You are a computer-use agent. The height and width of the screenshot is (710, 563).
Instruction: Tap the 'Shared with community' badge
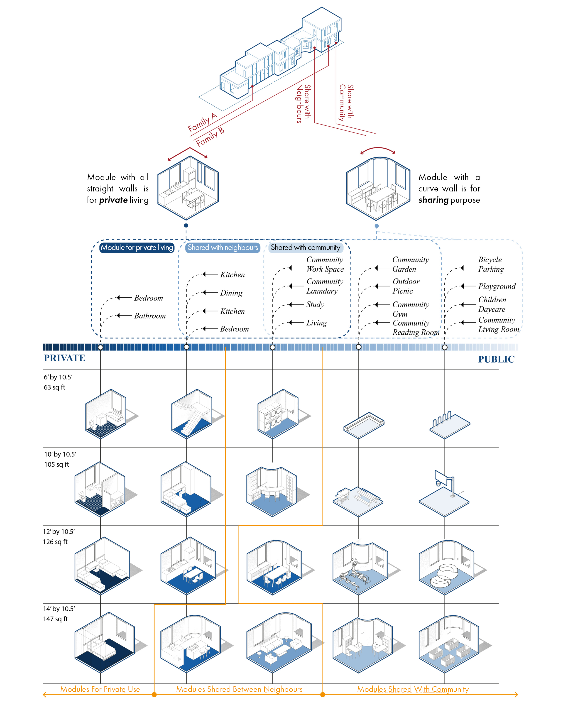(x=305, y=247)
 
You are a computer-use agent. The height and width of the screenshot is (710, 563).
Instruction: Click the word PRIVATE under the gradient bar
(x=64, y=358)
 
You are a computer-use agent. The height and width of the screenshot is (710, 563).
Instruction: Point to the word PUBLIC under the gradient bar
(x=496, y=359)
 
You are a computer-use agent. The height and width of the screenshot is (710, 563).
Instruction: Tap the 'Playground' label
(x=497, y=286)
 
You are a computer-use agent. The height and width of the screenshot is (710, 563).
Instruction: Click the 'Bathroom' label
(x=150, y=316)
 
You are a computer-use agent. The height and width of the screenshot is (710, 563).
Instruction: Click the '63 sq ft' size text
(x=55, y=387)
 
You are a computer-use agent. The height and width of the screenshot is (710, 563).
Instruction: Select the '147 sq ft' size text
(x=55, y=619)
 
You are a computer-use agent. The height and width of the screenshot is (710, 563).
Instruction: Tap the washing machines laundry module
(x=278, y=414)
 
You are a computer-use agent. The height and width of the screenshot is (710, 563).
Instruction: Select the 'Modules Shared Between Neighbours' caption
(x=239, y=689)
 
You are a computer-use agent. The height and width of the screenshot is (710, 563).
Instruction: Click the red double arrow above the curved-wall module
(x=378, y=150)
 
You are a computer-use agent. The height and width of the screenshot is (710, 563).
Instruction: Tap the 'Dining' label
(x=231, y=293)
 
